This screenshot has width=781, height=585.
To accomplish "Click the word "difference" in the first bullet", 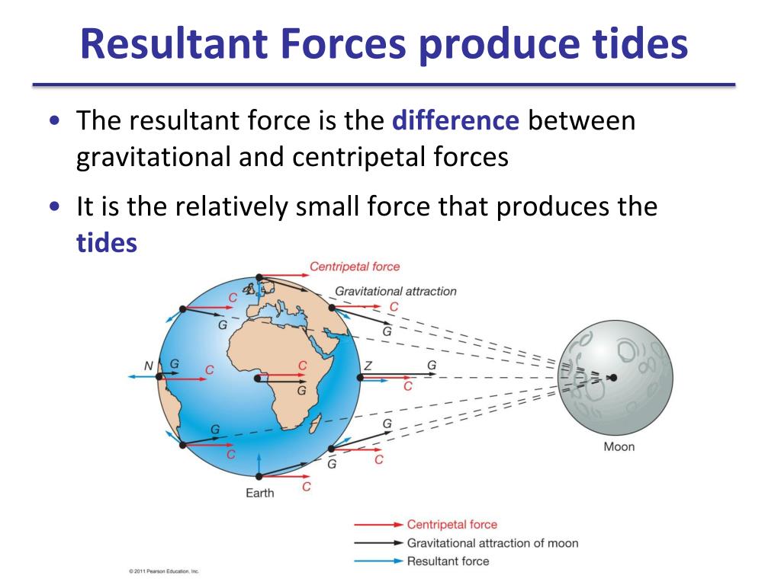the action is tap(455, 120).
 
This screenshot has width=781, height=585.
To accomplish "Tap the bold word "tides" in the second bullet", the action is tap(107, 243).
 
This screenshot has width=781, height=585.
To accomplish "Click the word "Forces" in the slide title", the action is tap(344, 43).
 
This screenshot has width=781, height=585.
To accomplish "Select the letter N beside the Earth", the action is tap(149, 366).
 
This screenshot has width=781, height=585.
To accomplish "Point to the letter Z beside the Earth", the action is tap(368, 366).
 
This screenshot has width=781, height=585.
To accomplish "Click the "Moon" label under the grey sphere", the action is tap(619, 446).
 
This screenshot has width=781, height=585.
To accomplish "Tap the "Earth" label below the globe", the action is tap(260, 493).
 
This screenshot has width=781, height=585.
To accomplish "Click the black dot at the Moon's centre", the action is tap(614, 378).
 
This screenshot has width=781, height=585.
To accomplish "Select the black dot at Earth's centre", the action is tap(258, 379).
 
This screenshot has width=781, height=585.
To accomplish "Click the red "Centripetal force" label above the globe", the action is tap(355, 267).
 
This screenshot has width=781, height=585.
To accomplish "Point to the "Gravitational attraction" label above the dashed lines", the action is tap(396, 291).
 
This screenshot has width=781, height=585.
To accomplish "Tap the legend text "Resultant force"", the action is tap(448, 561).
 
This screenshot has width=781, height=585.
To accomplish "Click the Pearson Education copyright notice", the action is tap(164, 571).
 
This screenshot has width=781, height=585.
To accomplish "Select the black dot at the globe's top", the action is tap(259, 277).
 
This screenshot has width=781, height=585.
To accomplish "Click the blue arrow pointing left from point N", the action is tap(143, 377).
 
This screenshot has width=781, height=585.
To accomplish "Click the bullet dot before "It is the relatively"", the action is tap(55, 206).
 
